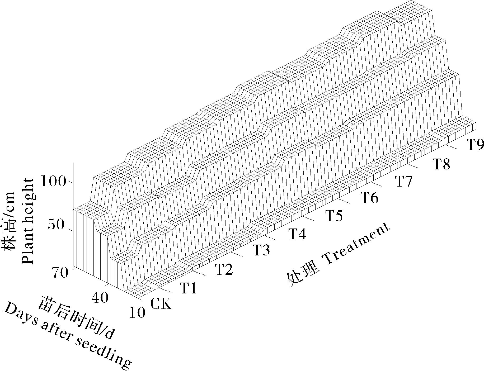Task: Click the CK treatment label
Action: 161,304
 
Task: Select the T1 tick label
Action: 189,288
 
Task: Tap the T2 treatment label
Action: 224,270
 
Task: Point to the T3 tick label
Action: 261,250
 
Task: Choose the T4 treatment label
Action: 297,234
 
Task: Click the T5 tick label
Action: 334,215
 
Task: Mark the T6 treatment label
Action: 370,198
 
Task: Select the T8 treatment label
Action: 441,164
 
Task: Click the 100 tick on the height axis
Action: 53,182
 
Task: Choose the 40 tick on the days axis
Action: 100,298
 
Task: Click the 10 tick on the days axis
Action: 137,313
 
